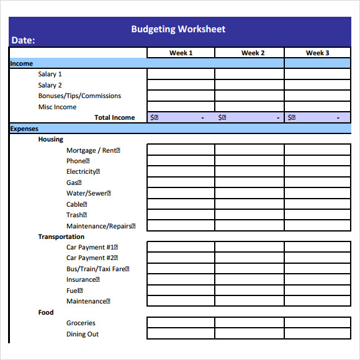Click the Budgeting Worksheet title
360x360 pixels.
point(178,29)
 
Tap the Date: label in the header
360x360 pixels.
point(23,40)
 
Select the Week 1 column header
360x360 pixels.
point(181,53)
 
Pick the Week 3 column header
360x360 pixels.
point(317,53)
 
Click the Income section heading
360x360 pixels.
point(22,63)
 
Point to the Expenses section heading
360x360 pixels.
point(24,128)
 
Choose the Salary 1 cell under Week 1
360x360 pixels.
point(181,74)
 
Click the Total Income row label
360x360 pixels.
point(114,117)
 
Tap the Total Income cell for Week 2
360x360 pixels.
point(250,117)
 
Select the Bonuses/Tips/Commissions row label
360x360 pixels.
point(79,96)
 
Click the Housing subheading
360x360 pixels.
point(50,140)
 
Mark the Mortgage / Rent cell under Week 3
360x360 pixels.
point(317,150)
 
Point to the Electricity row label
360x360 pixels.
point(83,172)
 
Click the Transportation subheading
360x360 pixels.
point(61,236)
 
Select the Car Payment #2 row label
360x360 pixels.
point(92,258)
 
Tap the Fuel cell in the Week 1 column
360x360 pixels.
point(181,290)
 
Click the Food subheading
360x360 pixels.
point(46,312)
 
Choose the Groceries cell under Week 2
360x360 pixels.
point(250,323)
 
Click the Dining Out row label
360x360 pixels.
point(83,334)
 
